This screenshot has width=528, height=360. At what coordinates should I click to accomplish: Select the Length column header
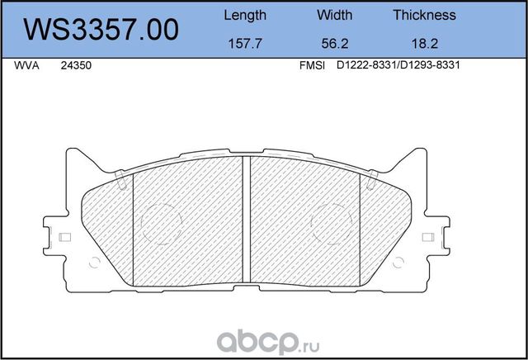tap(245, 15)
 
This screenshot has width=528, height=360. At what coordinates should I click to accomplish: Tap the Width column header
tap(334, 15)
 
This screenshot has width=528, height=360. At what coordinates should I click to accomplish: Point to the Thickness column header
tap(424, 15)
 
